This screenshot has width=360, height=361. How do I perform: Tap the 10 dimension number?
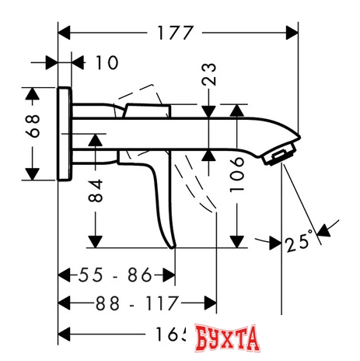tap(107, 63)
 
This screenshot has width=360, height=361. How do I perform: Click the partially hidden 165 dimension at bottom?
tap(167, 333)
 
